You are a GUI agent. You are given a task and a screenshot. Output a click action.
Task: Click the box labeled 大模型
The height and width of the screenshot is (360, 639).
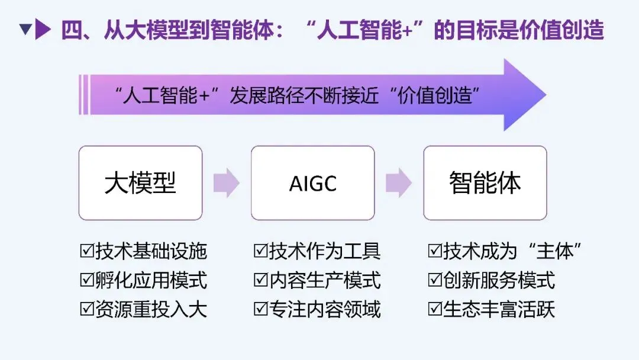click(x=140, y=183)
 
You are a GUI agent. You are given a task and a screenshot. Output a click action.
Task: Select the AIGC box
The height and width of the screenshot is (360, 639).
click(x=312, y=183)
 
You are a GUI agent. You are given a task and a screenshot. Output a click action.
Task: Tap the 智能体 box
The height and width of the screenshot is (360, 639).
click(x=485, y=183)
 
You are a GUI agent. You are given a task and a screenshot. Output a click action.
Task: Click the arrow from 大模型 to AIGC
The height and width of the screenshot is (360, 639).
click(x=226, y=183)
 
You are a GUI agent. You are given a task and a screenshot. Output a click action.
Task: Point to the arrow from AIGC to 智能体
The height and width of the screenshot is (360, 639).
click(x=398, y=183)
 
